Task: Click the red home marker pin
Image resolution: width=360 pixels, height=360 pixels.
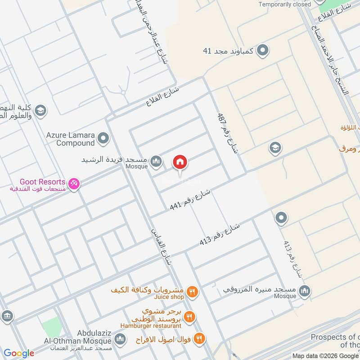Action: coord(180,162)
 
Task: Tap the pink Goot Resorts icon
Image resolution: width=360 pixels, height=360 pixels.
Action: coord(74,183)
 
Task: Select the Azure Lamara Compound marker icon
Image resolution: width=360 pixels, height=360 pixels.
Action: coord(103,138)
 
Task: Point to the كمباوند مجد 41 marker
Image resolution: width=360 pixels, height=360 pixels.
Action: coord(263,50)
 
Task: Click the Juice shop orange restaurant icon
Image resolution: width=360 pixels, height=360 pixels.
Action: coord(192,292)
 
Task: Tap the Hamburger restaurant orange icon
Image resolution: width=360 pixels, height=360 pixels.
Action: coord(189,317)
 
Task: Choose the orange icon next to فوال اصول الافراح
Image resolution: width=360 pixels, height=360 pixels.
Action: coord(200,338)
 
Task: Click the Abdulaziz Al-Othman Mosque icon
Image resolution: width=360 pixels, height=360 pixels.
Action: coord(120,338)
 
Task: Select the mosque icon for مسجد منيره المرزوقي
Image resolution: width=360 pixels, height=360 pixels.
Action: coord(305,291)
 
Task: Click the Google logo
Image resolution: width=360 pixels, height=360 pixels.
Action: coord(19,353)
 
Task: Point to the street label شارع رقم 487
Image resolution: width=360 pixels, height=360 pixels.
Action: coord(227,134)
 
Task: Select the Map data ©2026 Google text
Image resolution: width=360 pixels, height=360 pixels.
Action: coord(331,355)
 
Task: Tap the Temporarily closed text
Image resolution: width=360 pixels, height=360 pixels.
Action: coord(284,4)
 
